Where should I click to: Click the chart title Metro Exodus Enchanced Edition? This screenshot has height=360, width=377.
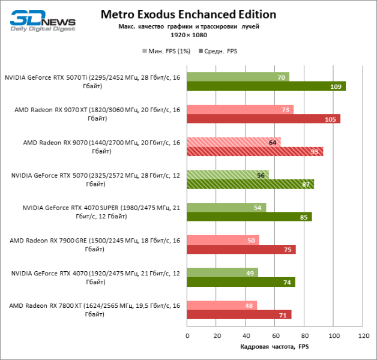(188, 14)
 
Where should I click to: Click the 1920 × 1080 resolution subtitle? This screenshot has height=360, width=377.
(188, 36)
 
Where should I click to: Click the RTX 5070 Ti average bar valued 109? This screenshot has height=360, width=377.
(266, 86)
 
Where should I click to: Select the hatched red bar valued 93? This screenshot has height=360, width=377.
(255, 151)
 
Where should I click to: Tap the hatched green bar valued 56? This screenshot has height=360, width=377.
(228, 175)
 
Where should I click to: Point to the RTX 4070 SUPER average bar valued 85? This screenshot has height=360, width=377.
(249, 217)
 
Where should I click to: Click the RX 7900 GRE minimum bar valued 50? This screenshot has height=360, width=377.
(223, 240)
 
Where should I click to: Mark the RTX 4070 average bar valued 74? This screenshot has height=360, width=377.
(241, 282)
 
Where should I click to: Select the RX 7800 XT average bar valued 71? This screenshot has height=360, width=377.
(239, 314)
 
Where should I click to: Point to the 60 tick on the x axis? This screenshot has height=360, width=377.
(275, 336)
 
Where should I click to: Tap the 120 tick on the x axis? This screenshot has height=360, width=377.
(363, 336)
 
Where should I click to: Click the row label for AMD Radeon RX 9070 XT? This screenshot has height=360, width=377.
(96, 114)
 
